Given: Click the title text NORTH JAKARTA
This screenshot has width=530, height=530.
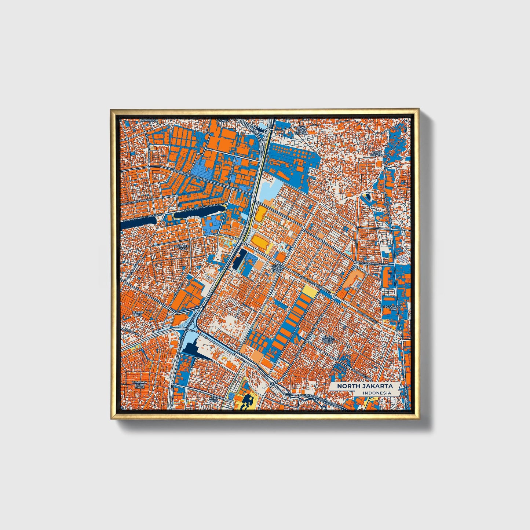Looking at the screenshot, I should pyautogui.click(x=365, y=386).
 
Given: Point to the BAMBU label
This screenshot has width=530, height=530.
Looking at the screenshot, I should pyautogui.click(x=223, y=120).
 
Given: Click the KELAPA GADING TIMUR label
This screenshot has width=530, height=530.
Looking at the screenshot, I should pyautogui.click(x=328, y=339).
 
